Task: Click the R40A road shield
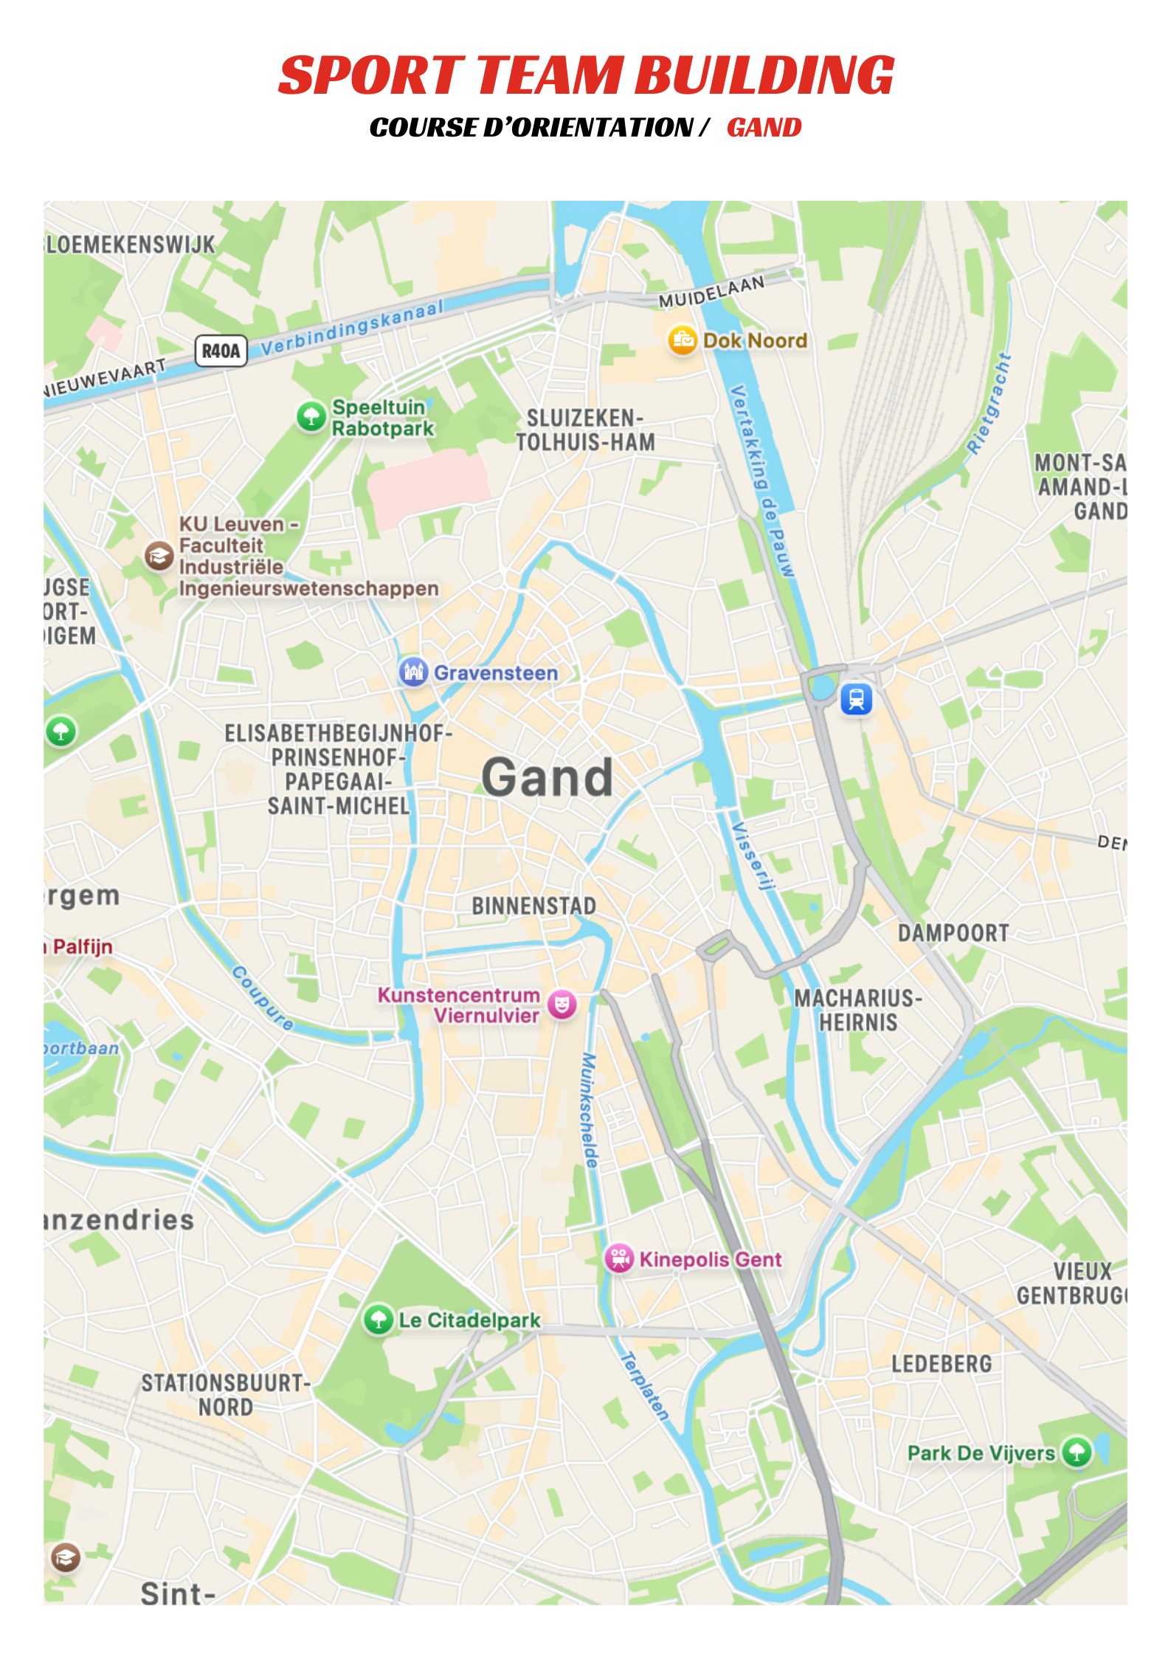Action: coord(220,351)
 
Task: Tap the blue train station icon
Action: coord(856,698)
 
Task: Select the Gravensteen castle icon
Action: coord(413,672)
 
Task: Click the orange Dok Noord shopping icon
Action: coord(683,340)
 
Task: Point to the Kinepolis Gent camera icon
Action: coord(619,1258)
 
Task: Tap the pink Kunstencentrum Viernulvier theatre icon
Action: coord(562,1005)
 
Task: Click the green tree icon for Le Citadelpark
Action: coord(379,1319)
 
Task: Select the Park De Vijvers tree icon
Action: coord(1077,1452)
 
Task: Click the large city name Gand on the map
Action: coord(547,777)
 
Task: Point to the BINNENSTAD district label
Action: coord(533,906)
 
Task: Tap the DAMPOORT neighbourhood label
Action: coord(953,933)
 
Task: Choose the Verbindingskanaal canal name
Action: coord(353,327)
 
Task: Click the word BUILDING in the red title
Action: coord(764,75)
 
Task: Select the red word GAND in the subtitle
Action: coord(764,128)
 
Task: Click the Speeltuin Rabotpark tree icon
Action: coord(311,416)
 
